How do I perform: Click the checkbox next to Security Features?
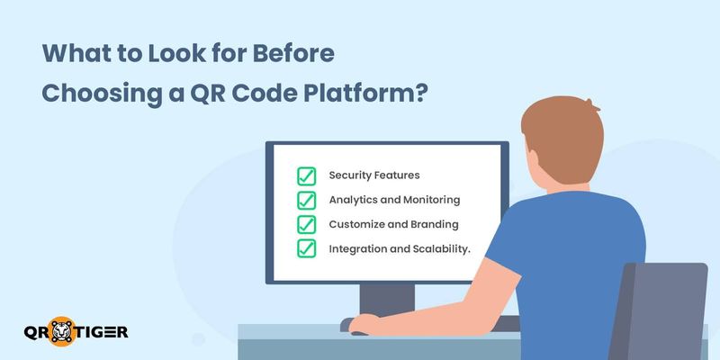(x=306, y=175)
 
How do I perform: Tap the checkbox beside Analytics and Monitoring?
(x=306, y=200)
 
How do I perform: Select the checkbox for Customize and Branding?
(x=306, y=223)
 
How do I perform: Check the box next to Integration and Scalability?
(x=306, y=247)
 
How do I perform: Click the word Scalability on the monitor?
(x=440, y=247)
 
